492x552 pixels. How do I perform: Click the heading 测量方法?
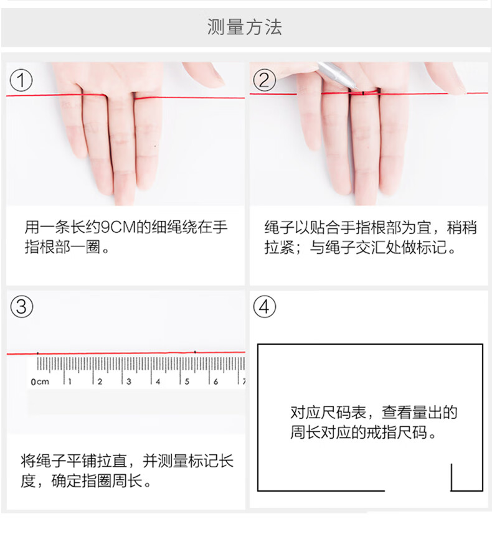point(244,27)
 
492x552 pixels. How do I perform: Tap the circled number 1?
point(21,80)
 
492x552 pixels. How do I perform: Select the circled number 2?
point(265,80)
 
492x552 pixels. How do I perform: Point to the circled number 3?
point(21,307)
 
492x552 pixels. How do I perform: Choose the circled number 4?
point(265,307)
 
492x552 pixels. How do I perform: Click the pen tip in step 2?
point(357,88)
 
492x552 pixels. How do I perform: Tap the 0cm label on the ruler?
point(40,381)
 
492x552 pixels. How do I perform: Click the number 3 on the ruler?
point(129,381)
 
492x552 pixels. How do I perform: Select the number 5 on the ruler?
point(187,381)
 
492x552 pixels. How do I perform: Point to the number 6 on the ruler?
point(216,381)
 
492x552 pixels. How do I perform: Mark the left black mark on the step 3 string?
point(38,353)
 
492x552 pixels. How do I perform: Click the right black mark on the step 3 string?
point(195,352)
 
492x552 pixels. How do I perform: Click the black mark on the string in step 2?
point(363,93)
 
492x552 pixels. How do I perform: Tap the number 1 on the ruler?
point(70,381)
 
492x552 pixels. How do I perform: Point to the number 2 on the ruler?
point(100,381)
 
